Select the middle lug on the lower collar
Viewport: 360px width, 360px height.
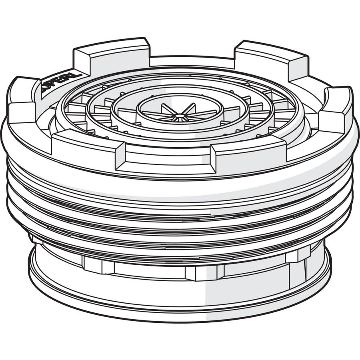pyautogui.click(x=204, y=273)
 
